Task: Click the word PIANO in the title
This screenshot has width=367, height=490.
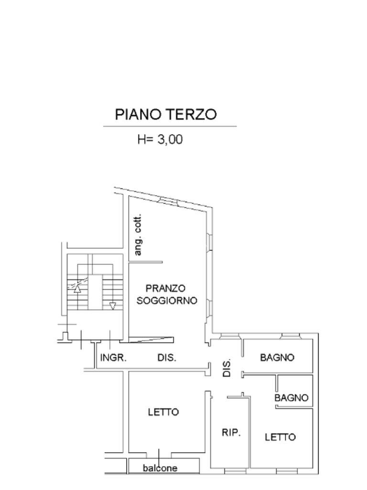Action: click(139, 115)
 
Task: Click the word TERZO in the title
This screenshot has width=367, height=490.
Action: click(191, 115)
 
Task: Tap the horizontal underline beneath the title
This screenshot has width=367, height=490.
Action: click(170, 126)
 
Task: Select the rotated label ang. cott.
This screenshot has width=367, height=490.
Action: click(138, 234)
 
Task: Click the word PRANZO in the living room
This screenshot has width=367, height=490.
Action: click(165, 289)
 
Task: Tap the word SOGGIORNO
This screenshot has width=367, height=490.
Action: click(167, 301)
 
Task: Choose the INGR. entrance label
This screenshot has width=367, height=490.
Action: click(113, 357)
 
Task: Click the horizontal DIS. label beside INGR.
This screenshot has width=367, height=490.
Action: click(167, 357)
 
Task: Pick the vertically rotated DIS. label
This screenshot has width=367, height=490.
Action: click(227, 367)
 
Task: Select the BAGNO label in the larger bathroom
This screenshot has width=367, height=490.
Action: click(277, 357)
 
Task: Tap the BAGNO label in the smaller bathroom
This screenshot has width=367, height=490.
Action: click(291, 398)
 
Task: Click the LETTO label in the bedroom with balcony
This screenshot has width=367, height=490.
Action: click(163, 412)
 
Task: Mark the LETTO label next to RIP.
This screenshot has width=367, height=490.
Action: click(280, 437)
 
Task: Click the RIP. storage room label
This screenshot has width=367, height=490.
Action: click(231, 433)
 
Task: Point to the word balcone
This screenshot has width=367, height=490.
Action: click(160, 468)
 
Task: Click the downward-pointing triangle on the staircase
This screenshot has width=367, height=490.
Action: click(113, 306)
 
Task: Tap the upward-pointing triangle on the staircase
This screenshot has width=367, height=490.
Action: click(77, 288)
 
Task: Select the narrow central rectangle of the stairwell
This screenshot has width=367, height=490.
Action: click(96, 291)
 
